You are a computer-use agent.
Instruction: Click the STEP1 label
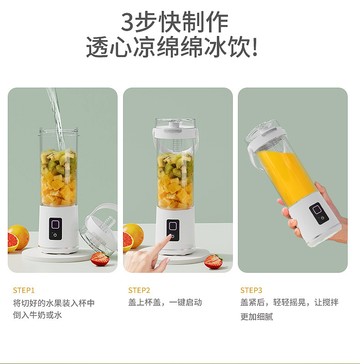[x=24, y=290]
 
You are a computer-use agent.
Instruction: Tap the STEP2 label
[x=139, y=290]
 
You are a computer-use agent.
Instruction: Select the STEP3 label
[x=251, y=290]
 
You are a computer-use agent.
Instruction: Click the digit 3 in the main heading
[x=128, y=22]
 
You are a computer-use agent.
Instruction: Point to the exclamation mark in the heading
[x=255, y=47]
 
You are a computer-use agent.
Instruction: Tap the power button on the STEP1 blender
[x=55, y=235]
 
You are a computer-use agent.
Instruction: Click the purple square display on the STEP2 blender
[x=173, y=226]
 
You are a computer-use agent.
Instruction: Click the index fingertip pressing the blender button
[x=171, y=237]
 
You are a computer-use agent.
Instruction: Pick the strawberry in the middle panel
[x=213, y=261]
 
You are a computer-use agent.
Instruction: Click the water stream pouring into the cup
[x=57, y=119]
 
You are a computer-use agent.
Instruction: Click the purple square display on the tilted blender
[x=317, y=210]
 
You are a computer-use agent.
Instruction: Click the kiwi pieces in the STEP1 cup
[x=59, y=162]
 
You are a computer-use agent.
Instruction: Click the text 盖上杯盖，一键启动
[x=165, y=302]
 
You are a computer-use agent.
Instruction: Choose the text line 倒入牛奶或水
[x=37, y=315]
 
